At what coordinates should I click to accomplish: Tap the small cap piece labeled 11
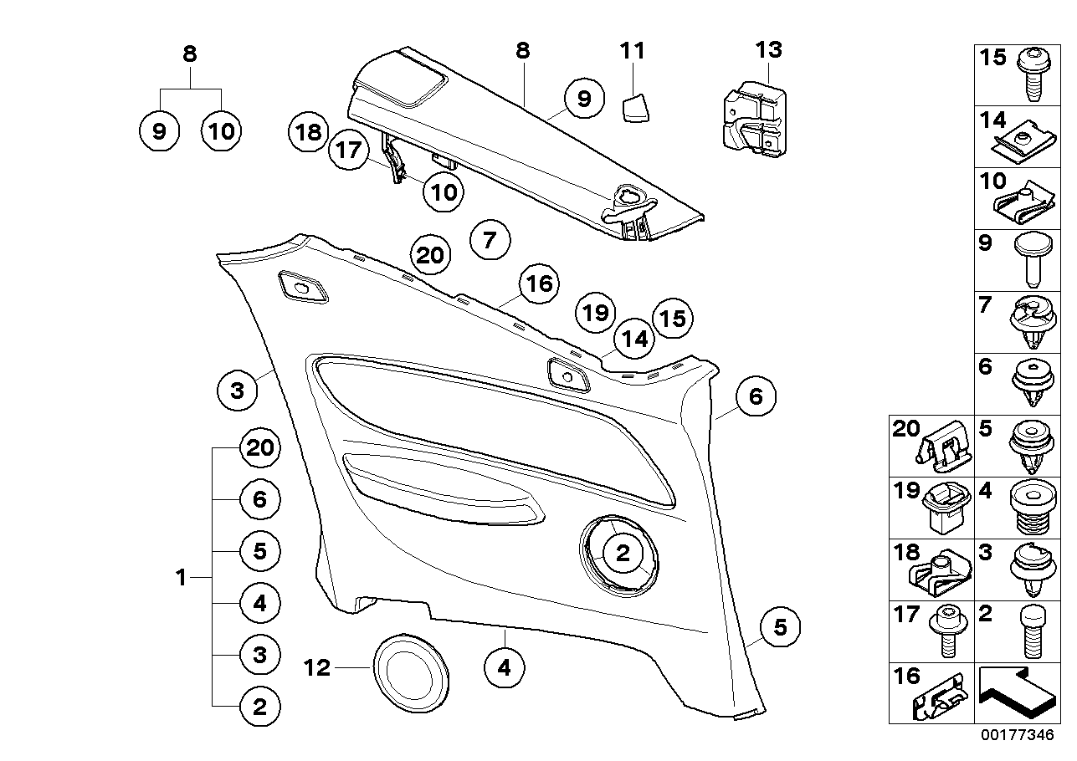(638, 107)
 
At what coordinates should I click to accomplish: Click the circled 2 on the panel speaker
(623, 553)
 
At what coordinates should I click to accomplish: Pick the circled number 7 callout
(490, 241)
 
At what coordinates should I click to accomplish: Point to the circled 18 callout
(308, 132)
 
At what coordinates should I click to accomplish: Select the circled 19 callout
(595, 314)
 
